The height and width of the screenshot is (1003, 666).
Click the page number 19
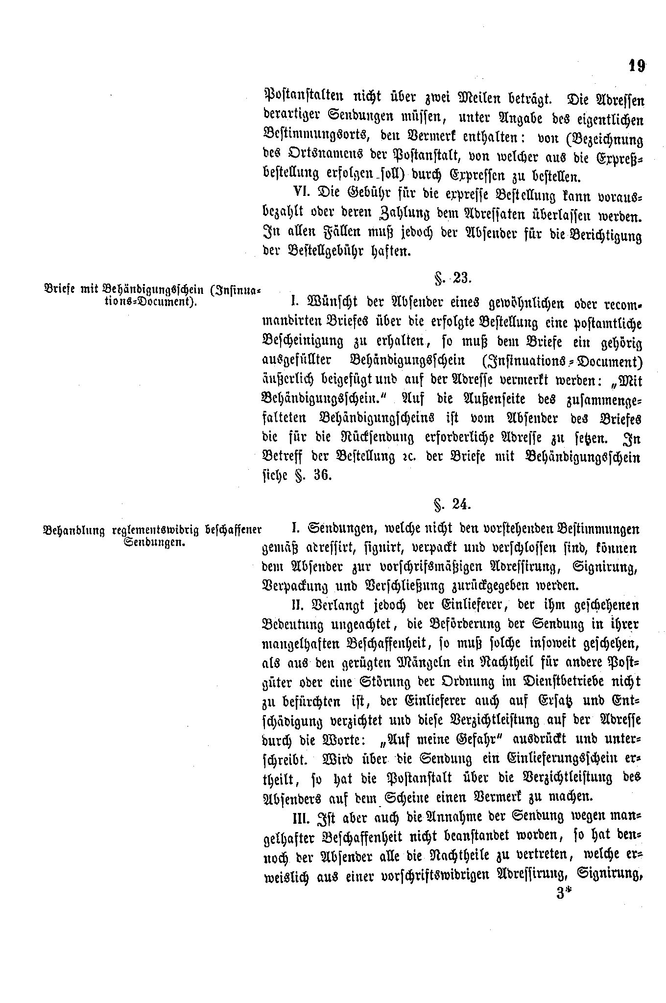point(636,66)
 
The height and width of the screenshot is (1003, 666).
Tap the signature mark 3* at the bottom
point(564,893)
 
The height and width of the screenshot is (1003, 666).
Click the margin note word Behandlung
point(74,531)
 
